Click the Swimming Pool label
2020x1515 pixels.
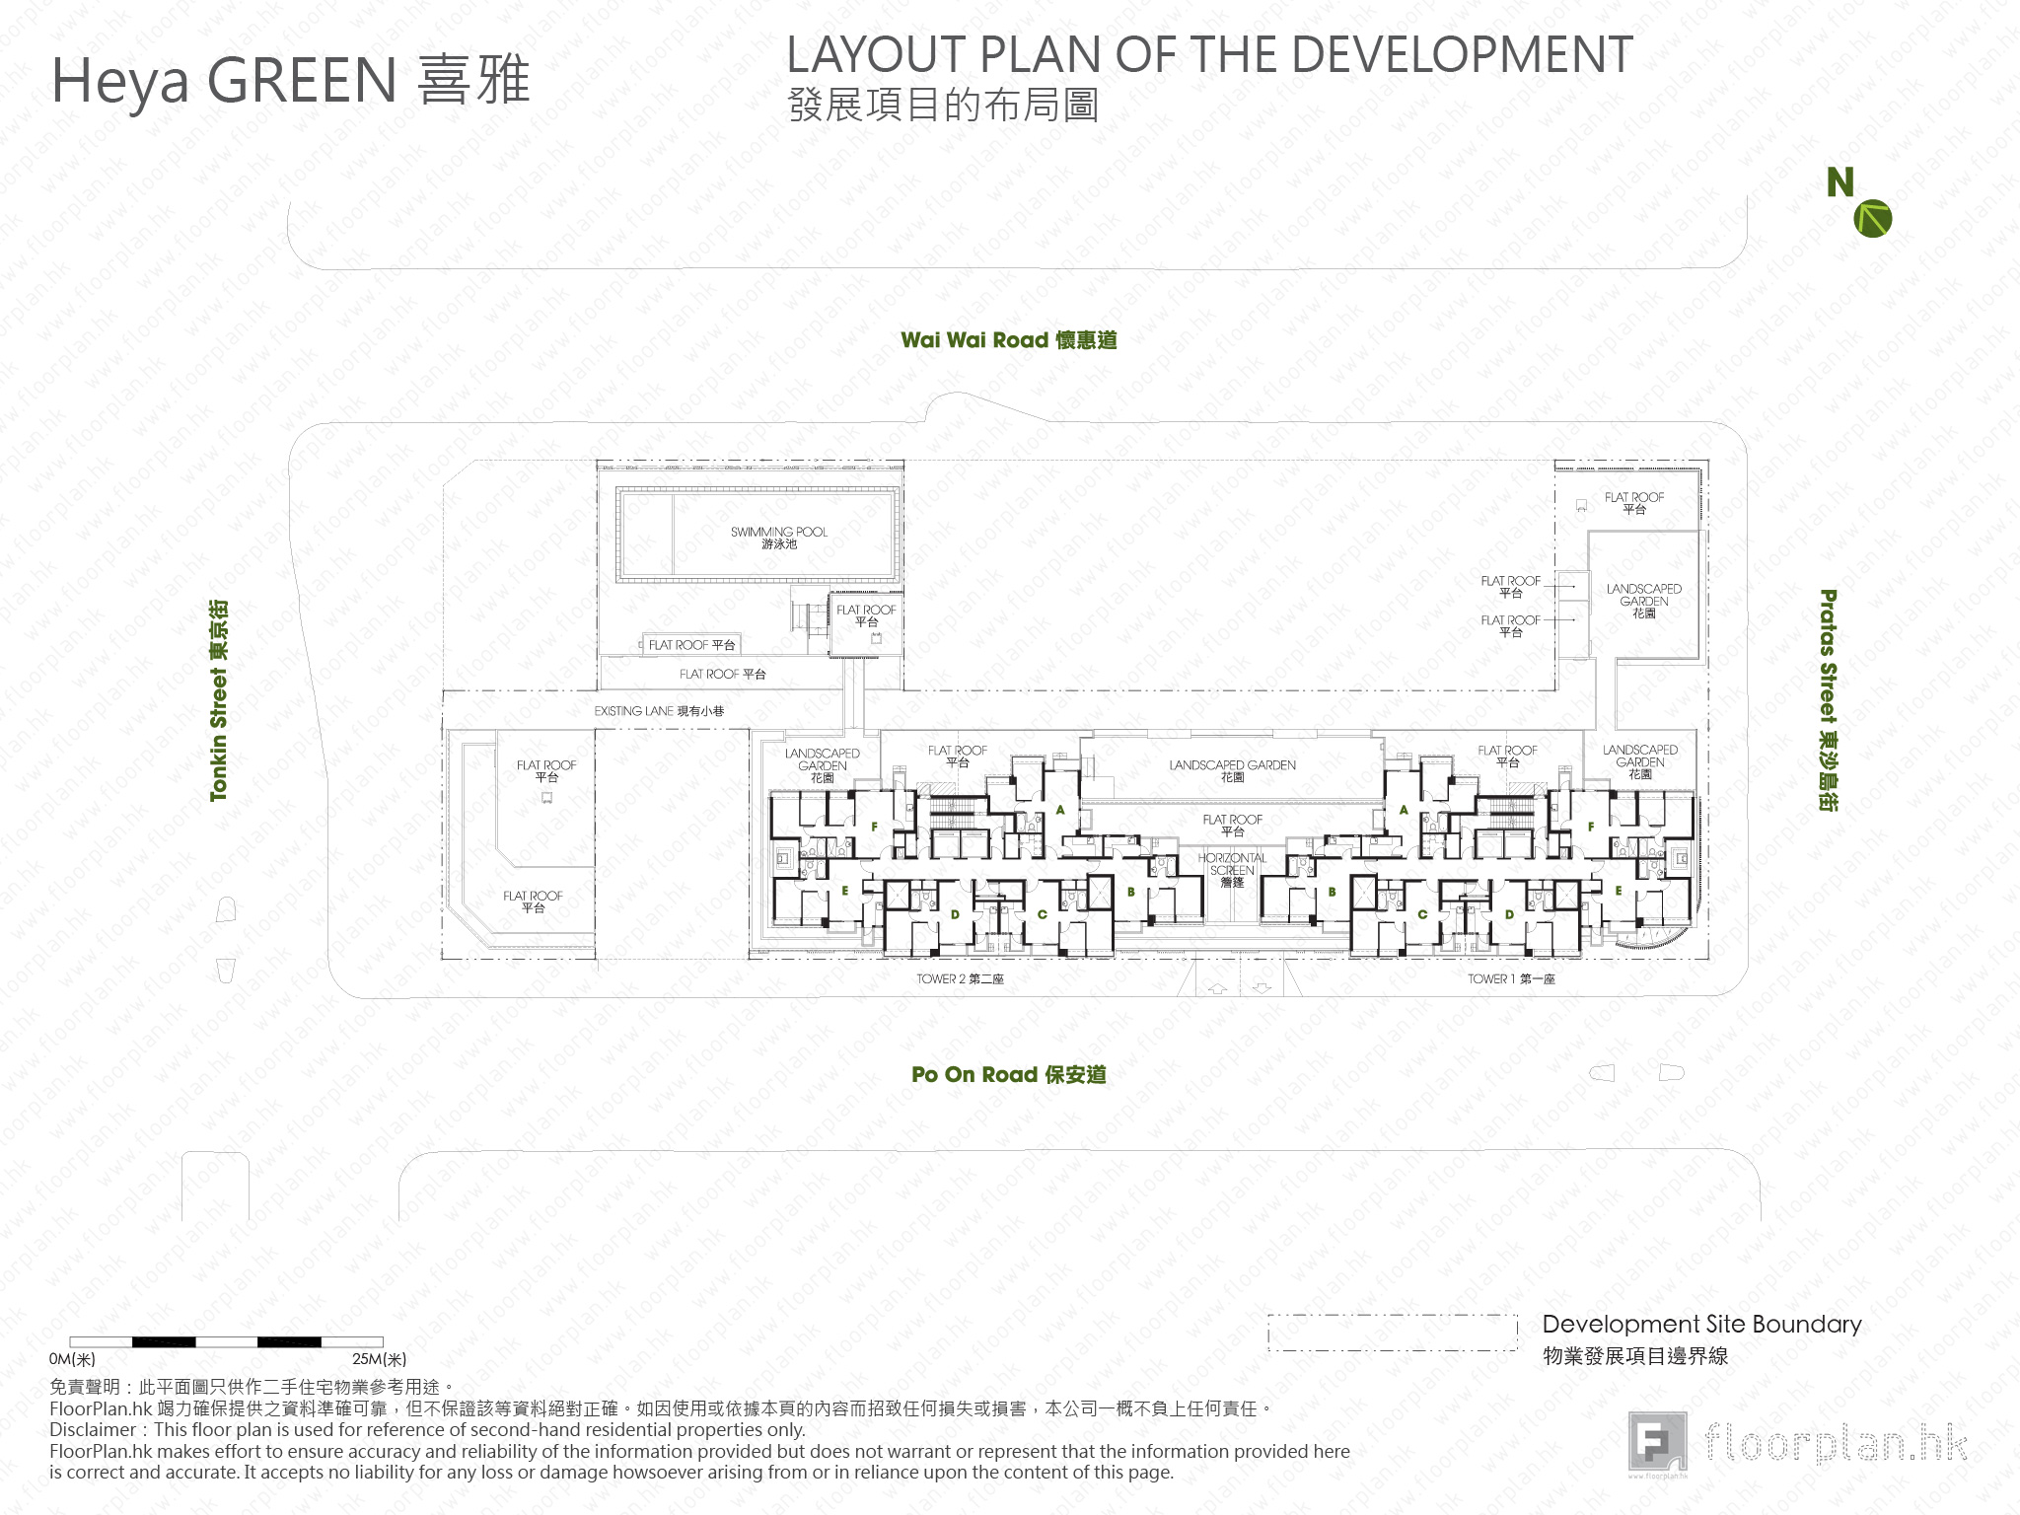click(778, 537)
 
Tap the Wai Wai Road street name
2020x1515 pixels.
click(1008, 340)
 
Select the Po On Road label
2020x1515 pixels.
click(1008, 1074)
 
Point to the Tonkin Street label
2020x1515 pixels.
click(218, 700)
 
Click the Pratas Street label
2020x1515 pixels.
click(1828, 700)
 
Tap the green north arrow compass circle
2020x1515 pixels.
click(1872, 218)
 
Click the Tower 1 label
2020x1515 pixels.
click(1510, 978)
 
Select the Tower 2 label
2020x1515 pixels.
click(960, 978)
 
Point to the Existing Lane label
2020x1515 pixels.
click(659, 710)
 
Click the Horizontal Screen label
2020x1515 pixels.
click(1232, 870)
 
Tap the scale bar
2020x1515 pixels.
click(226, 1341)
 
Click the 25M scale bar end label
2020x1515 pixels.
click(379, 1359)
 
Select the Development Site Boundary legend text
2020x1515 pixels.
click(1701, 1325)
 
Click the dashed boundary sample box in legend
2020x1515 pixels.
click(1392, 1333)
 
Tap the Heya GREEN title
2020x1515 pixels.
click(290, 80)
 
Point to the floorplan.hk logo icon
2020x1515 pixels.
click(1657, 1442)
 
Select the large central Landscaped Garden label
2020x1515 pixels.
click(1232, 770)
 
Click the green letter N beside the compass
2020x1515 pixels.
click(1840, 182)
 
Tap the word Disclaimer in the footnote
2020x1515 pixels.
click(93, 1429)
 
